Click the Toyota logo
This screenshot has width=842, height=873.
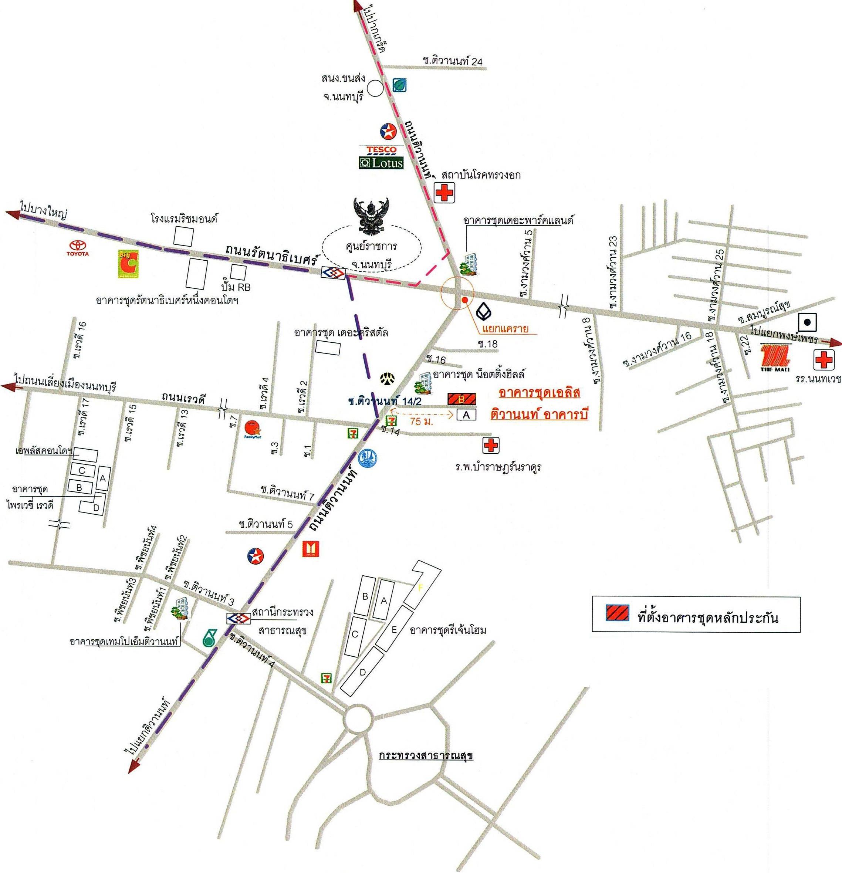point(78,248)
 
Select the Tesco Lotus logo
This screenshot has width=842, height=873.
point(381,157)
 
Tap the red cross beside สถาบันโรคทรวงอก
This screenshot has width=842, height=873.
point(444,194)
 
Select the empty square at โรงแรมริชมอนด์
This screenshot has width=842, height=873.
point(183,236)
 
